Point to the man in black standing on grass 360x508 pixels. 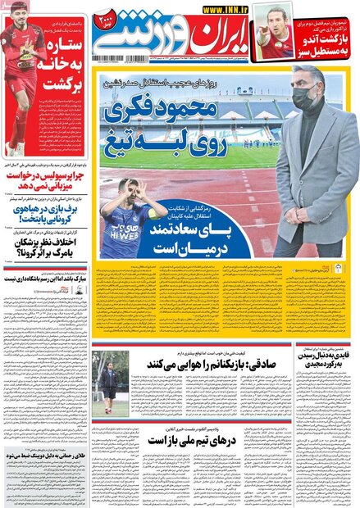(x=109, y=379)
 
